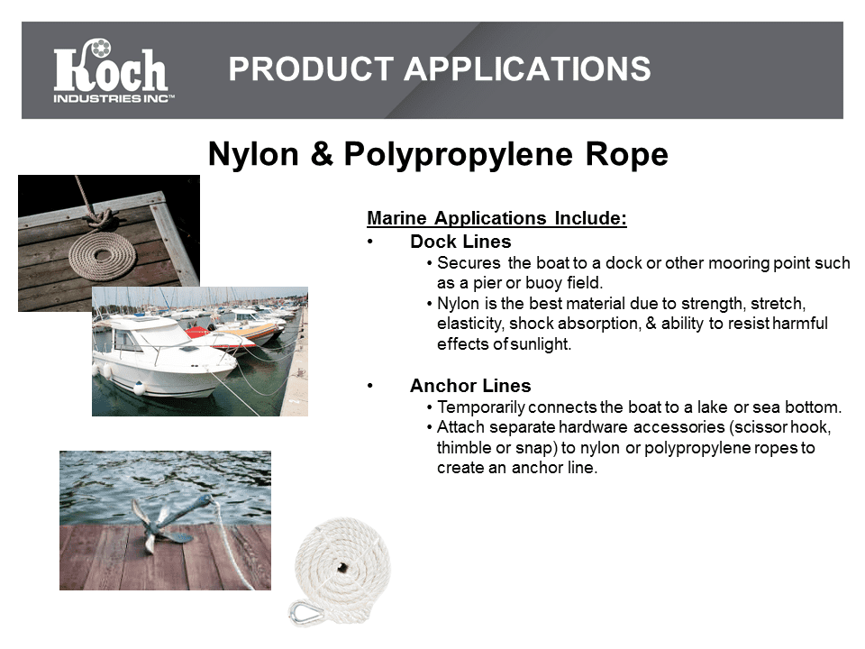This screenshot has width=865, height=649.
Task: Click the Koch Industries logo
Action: [x=114, y=70]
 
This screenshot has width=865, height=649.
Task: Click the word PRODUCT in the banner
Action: [x=311, y=69]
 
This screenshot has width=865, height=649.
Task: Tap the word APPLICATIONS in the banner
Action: [x=528, y=69]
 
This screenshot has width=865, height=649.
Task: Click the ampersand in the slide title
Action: [x=322, y=153]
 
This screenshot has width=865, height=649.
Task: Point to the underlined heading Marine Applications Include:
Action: [x=496, y=218]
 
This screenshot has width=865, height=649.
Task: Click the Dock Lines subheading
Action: [x=460, y=242]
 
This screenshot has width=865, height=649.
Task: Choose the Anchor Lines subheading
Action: [x=470, y=385]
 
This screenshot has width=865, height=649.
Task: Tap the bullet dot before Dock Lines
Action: [x=370, y=242]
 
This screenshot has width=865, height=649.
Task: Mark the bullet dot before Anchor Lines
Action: [x=370, y=386]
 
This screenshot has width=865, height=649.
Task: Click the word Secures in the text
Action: [x=469, y=262]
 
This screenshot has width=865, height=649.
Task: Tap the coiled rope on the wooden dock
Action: [x=103, y=254]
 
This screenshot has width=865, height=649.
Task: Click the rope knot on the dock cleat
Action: [x=99, y=215]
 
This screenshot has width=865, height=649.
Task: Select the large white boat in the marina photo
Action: [x=163, y=356]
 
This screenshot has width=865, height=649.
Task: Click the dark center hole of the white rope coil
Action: [x=342, y=566]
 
